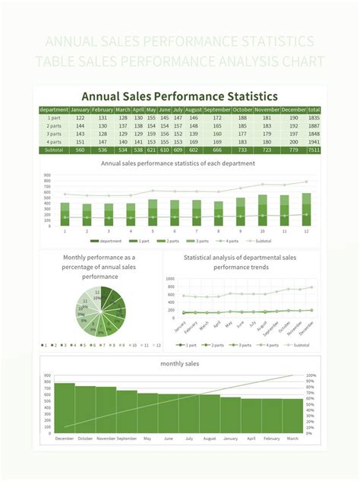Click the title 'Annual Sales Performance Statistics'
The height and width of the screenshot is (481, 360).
point(180,97)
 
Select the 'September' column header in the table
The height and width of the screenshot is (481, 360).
point(217,110)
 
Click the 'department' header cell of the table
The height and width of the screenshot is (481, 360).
point(54,110)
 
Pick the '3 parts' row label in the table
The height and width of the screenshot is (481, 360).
point(54,134)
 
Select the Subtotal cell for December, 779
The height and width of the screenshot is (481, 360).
point(293,150)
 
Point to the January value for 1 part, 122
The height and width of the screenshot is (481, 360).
point(80,118)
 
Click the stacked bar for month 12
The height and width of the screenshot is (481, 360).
point(306,209)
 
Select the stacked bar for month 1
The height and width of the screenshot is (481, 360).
point(65,214)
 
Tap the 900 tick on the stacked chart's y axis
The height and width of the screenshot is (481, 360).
point(47,176)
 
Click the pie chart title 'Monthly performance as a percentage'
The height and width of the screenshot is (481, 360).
point(100,267)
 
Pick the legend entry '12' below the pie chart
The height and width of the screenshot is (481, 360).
point(156,345)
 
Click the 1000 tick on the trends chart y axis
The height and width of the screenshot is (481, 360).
point(170,295)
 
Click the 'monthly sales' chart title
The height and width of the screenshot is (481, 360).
point(180,364)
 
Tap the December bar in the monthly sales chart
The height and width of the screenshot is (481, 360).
point(65,408)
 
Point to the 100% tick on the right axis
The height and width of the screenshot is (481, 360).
point(311,375)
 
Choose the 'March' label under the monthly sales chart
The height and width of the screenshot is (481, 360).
point(293,438)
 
